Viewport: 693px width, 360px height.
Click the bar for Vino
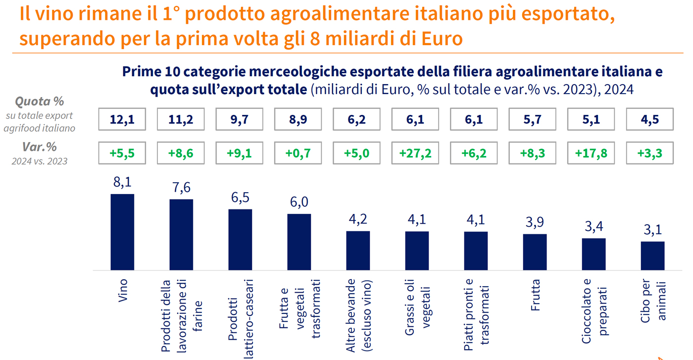coord(122,232)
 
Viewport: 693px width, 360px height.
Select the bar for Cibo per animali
coord(652,256)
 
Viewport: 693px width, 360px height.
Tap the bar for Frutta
coord(535,252)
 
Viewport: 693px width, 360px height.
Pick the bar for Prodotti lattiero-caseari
coord(240,240)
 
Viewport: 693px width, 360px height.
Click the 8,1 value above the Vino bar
coord(122,183)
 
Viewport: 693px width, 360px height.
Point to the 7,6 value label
coord(181,189)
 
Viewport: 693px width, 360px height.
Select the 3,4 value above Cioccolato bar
coord(594,227)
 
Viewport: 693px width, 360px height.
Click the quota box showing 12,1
coord(122,120)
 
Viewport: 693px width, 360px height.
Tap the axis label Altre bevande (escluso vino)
coord(357,315)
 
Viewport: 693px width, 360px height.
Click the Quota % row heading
coord(40,102)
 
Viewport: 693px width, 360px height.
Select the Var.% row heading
coord(40,148)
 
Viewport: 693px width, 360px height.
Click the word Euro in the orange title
coord(440,38)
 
